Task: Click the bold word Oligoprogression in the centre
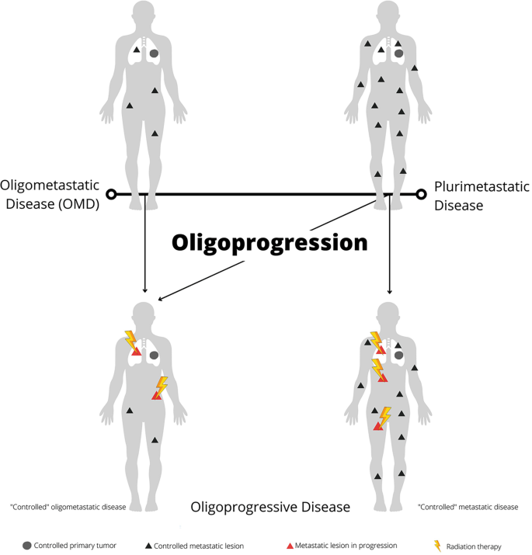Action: click(269, 243)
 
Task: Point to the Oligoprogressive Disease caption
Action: click(270, 507)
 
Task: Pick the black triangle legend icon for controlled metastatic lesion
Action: click(148, 546)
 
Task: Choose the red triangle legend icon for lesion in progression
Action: click(290, 546)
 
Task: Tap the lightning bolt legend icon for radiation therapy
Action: click(438, 546)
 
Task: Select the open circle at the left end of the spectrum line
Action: click(111, 194)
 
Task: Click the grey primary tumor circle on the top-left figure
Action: click(154, 54)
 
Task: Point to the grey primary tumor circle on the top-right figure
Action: click(398, 54)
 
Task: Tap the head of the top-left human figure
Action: click(144, 14)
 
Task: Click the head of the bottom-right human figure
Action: click(389, 315)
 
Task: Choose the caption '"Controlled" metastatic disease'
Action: click(468, 507)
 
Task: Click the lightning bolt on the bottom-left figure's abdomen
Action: click(162, 386)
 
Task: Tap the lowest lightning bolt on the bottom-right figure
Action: click(383, 417)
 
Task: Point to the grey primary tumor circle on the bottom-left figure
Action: click(154, 355)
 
